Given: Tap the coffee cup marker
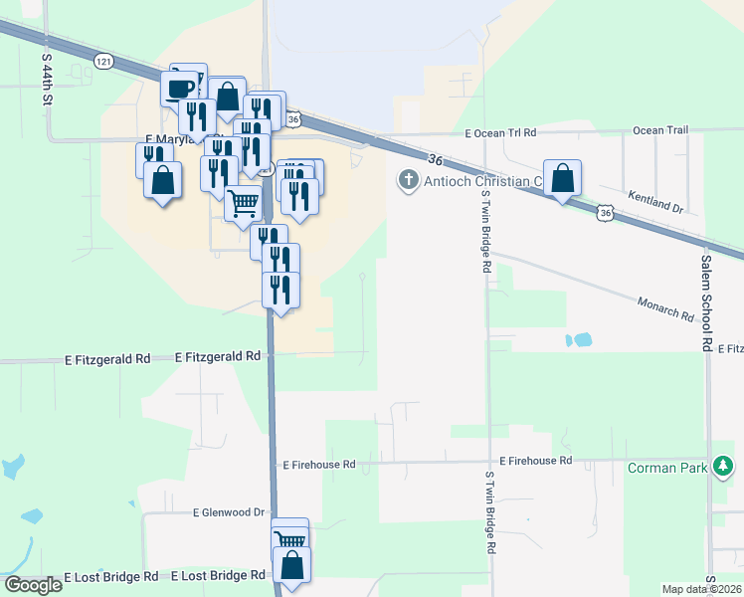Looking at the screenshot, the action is tap(180, 89).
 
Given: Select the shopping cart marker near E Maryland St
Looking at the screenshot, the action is tap(244, 205).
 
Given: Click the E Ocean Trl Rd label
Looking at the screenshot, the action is tap(500, 132).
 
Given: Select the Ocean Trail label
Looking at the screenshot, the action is tap(660, 130).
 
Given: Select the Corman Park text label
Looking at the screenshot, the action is tap(666, 467).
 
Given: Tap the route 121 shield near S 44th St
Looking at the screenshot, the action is tap(103, 62).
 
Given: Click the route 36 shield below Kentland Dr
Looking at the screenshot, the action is tap(606, 212).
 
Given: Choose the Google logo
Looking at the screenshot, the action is tap(33, 585).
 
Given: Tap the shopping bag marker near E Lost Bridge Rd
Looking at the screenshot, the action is tap(291, 565).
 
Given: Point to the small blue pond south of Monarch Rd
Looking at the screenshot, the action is tap(578, 340).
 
